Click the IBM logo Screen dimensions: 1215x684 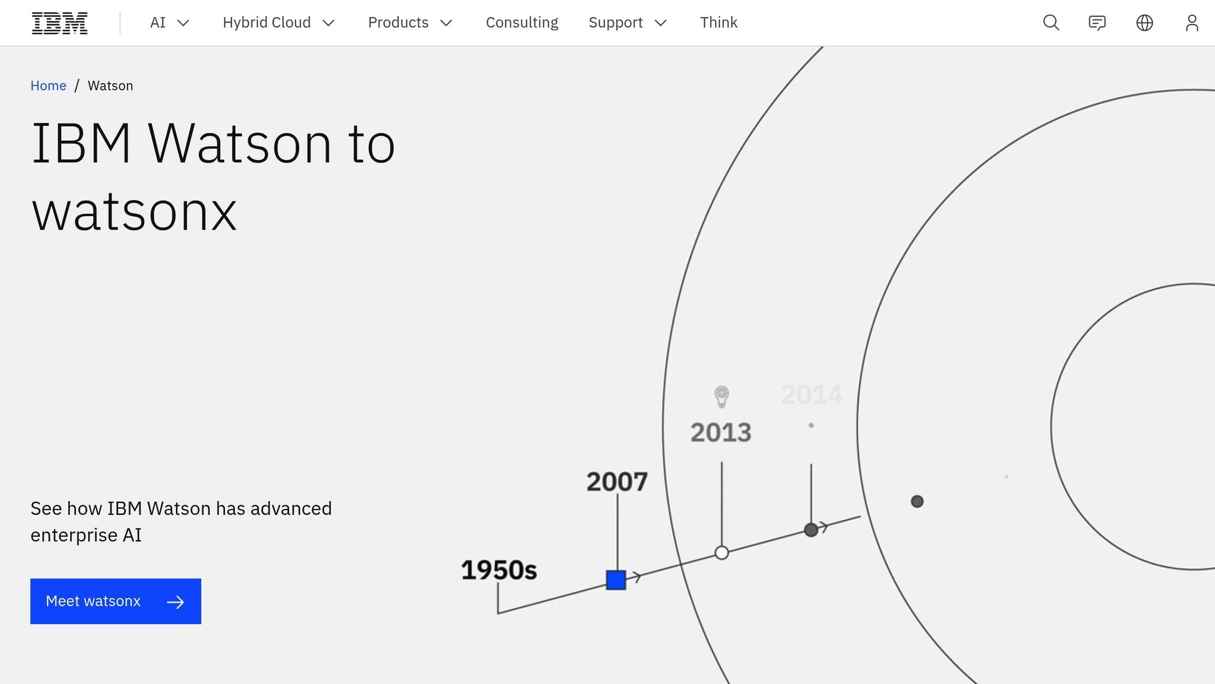(x=59, y=23)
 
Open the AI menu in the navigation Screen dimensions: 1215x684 (x=169, y=23)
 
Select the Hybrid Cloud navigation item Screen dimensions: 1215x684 (x=279, y=23)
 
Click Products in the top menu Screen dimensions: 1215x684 (x=410, y=23)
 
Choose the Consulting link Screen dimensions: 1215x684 (x=522, y=23)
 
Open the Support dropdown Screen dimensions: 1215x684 (x=628, y=23)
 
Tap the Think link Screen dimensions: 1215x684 (x=718, y=23)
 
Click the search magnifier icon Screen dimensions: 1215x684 (x=1051, y=23)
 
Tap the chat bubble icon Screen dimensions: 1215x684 (x=1097, y=23)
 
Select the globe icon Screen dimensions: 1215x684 (x=1144, y=23)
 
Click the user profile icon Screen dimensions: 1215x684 (x=1192, y=23)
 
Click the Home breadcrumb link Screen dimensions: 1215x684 (x=48, y=85)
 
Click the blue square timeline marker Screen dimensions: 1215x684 (x=616, y=580)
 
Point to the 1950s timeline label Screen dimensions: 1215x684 (x=499, y=570)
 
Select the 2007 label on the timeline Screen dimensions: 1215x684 (x=617, y=482)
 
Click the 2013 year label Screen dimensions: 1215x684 (x=721, y=432)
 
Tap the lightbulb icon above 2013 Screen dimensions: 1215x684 (x=721, y=397)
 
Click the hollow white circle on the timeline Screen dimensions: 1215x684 (x=721, y=553)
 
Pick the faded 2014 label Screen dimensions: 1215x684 (x=812, y=395)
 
